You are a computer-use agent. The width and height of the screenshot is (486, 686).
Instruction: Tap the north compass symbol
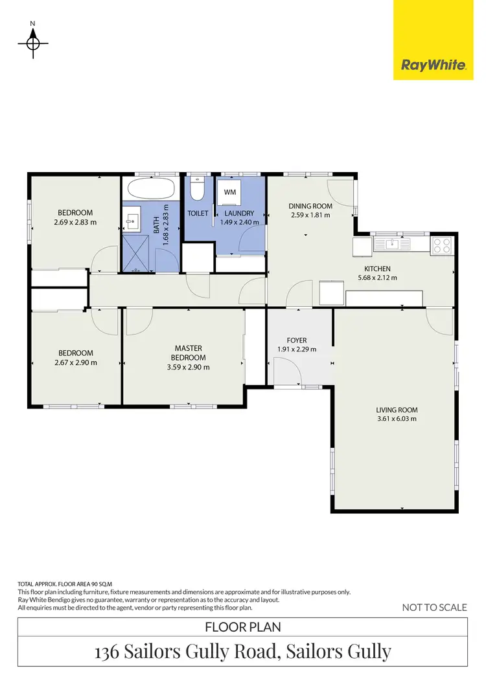pos(33,43)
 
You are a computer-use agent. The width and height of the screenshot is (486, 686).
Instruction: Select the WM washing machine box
pos(230,192)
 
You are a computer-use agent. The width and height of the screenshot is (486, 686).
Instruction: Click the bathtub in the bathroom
pos(150,189)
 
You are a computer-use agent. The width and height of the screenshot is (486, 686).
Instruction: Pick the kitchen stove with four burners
pos(442,245)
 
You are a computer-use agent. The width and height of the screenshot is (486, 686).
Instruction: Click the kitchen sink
pos(391,244)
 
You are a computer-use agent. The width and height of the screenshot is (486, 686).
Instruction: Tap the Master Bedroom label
pos(188,353)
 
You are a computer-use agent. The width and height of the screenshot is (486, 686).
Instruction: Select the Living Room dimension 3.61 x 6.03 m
pos(397,419)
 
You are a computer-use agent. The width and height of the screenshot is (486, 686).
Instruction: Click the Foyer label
pos(297,340)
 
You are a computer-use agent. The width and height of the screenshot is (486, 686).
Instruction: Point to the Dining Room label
pos(310,206)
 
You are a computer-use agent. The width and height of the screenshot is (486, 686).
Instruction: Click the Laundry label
pos(239,213)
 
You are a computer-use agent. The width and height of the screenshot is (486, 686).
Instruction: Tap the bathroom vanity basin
pos(132,220)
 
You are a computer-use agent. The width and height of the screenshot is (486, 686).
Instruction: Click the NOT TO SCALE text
pos(434,607)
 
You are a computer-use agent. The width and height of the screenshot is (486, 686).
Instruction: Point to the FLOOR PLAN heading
pos(242,627)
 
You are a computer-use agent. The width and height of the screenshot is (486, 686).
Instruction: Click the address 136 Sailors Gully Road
pos(242,652)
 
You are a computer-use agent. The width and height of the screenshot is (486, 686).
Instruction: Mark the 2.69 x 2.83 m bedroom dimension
pos(75,222)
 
